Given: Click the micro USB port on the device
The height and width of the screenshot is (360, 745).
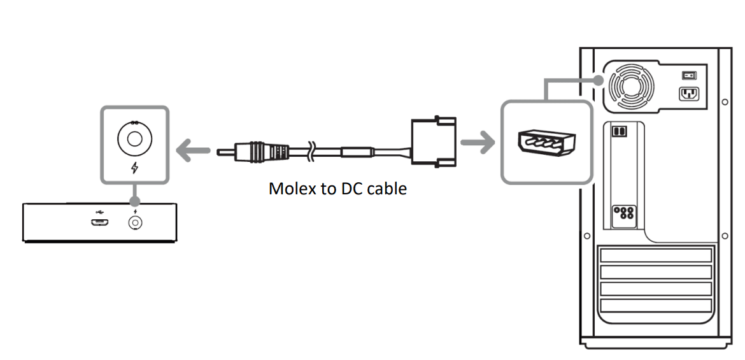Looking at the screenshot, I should (x=100, y=222).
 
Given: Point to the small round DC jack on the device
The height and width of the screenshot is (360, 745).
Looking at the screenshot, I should (x=135, y=222).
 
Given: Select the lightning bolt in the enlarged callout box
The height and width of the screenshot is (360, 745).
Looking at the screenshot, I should (x=134, y=168).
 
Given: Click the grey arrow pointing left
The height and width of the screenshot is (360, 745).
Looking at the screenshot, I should (x=192, y=152).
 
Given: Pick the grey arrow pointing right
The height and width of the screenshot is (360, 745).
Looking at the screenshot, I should (x=478, y=143).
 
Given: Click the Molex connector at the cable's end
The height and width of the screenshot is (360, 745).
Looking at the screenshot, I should (x=435, y=141).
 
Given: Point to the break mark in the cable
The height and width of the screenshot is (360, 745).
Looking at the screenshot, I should (x=310, y=152).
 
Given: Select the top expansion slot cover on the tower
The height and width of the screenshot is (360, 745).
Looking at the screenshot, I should (x=655, y=256).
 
